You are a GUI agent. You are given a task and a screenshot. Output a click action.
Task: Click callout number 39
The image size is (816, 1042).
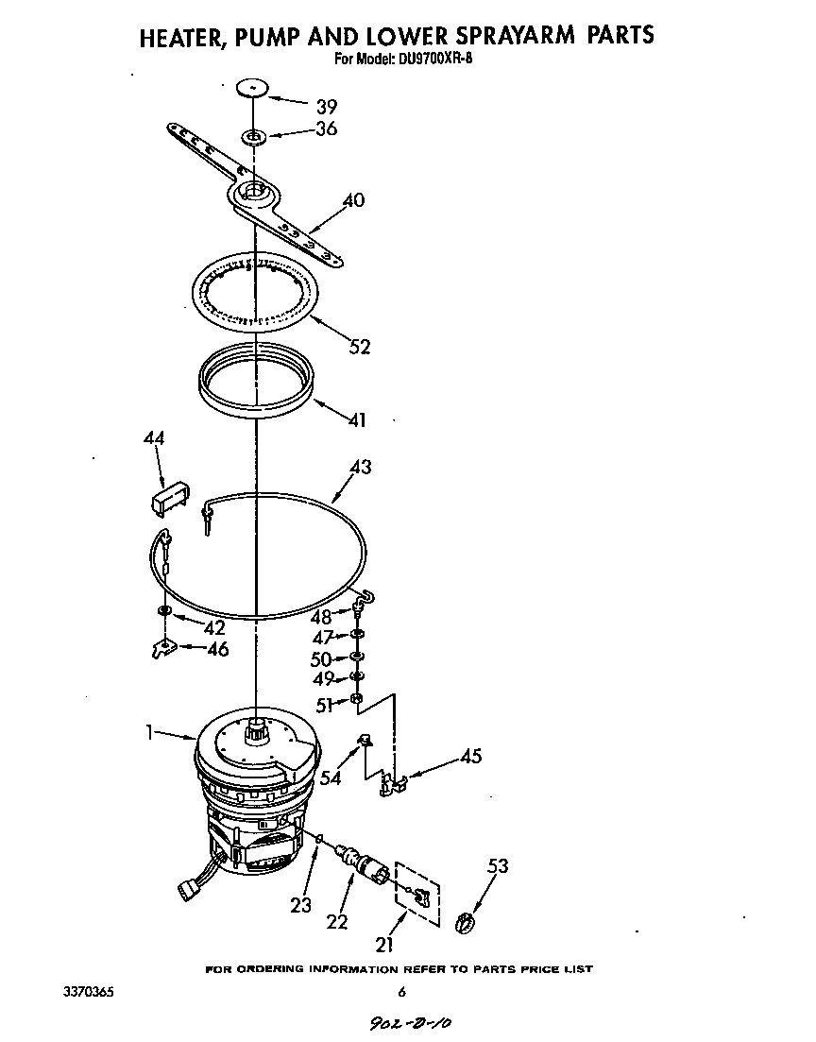pos(326,106)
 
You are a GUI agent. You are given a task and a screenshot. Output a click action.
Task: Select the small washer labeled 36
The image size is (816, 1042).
pos(254,137)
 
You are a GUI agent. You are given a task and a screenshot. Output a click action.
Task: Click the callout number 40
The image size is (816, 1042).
pos(353,201)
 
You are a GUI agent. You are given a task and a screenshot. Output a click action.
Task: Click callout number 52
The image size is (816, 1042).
pos(359,347)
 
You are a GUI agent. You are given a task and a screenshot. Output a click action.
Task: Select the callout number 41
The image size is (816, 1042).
pos(356,419)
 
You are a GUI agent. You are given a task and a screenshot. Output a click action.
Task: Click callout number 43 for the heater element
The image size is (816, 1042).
pos(360,467)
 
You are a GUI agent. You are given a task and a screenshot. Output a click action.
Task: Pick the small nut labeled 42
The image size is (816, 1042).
pos(164,612)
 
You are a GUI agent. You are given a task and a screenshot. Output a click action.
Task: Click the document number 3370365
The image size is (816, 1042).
pos(87,992)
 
